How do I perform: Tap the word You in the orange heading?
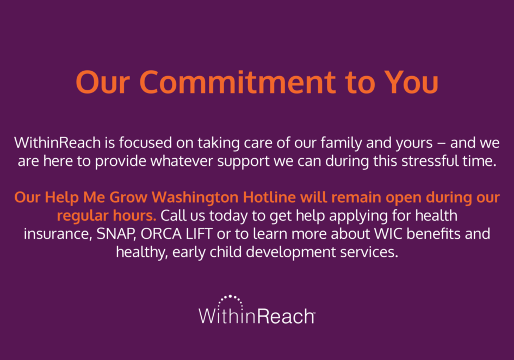411,82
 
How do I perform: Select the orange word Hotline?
269,197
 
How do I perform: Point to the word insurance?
58,234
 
